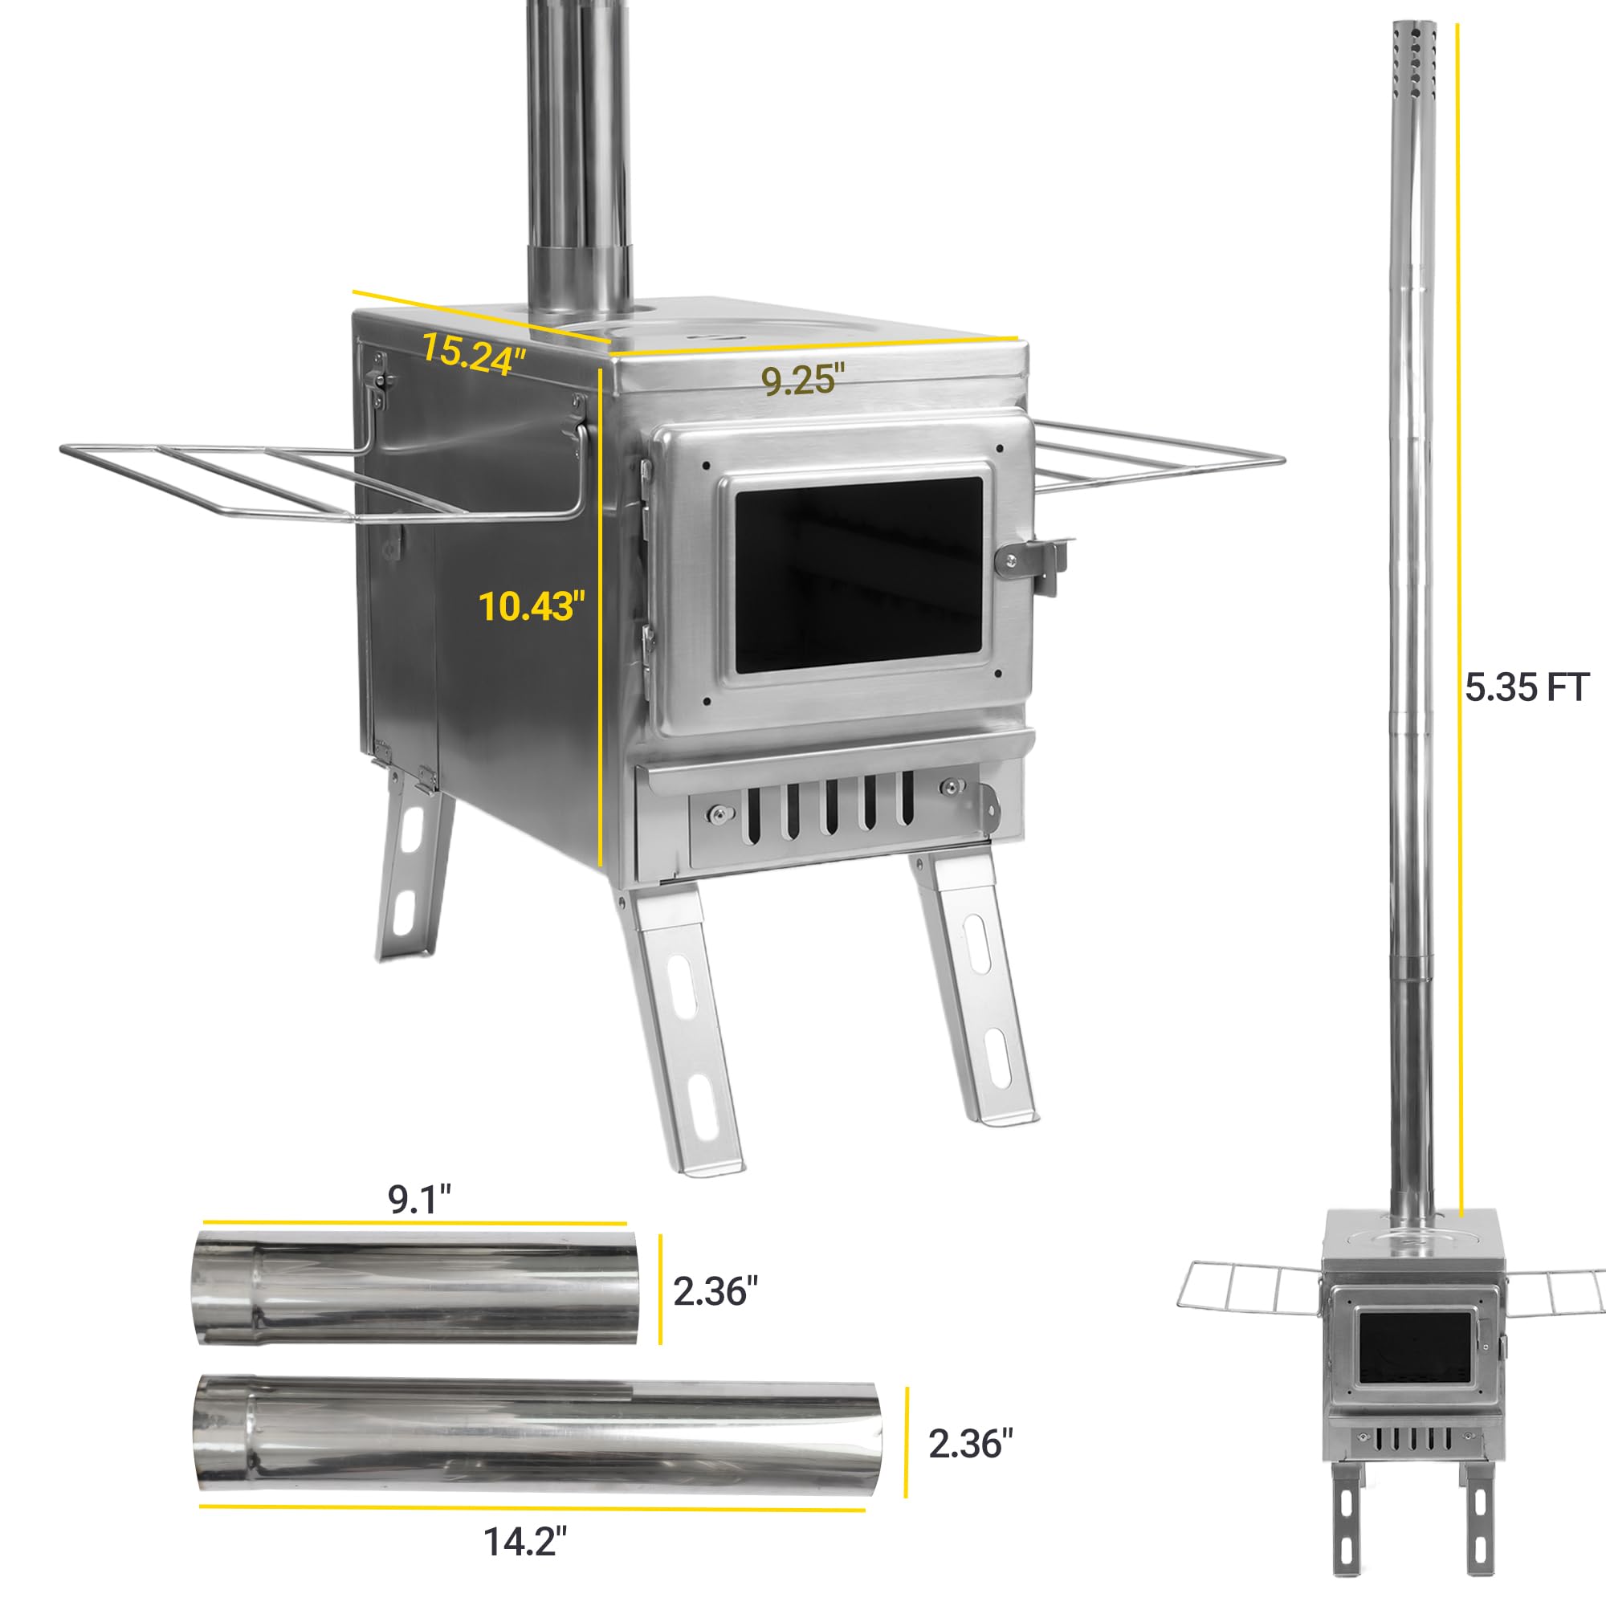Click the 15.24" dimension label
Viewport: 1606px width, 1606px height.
(474, 353)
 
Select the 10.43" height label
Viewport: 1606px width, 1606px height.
(527, 605)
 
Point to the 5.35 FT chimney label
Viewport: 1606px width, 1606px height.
(1527, 687)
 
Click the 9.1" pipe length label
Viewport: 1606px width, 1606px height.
(420, 1200)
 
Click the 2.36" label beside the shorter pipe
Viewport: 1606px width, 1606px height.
(715, 1291)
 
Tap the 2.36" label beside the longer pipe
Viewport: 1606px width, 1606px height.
(971, 1444)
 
